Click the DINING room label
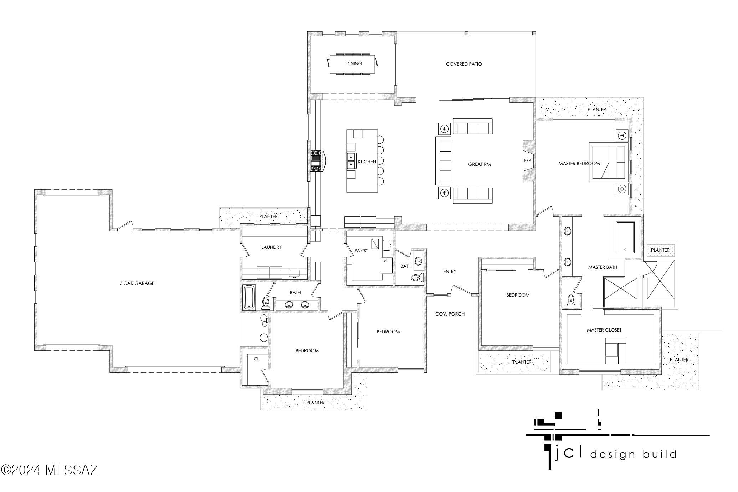tap(354, 64)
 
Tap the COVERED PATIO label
tap(463, 64)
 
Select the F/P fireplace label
tap(527, 161)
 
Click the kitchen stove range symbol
tap(316, 161)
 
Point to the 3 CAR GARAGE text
tap(137, 283)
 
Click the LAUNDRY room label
tap(271, 247)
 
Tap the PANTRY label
tap(361, 251)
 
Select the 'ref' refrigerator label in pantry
tap(384, 261)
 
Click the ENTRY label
tap(450, 272)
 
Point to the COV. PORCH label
tap(450, 314)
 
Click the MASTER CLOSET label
tap(604, 330)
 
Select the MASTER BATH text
tap(603, 267)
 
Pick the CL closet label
tap(256, 359)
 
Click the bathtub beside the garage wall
tap(249, 297)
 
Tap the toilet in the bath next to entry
tap(417, 277)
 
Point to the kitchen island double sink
tap(351, 161)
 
